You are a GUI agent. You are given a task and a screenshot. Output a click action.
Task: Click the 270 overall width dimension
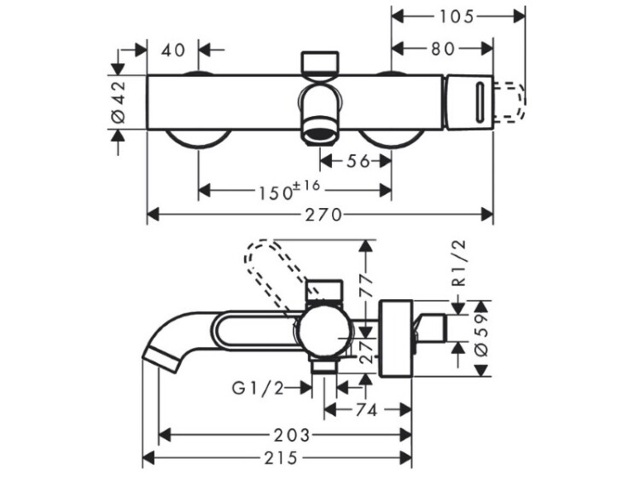pyautogui.click(x=319, y=215)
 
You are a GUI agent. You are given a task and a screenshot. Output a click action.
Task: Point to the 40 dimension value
pyautogui.click(x=173, y=49)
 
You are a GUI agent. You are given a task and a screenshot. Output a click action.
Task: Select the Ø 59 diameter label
pyautogui.click(x=482, y=338)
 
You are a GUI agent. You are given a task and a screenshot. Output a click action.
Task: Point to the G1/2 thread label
pyautogui.click(x=257, y=389)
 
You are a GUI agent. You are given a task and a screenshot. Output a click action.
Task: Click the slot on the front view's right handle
pyautogui.click(x=479, y=101)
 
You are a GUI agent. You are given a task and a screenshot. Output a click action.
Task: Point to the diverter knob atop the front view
pyautogui.click(x=320, y=63)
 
